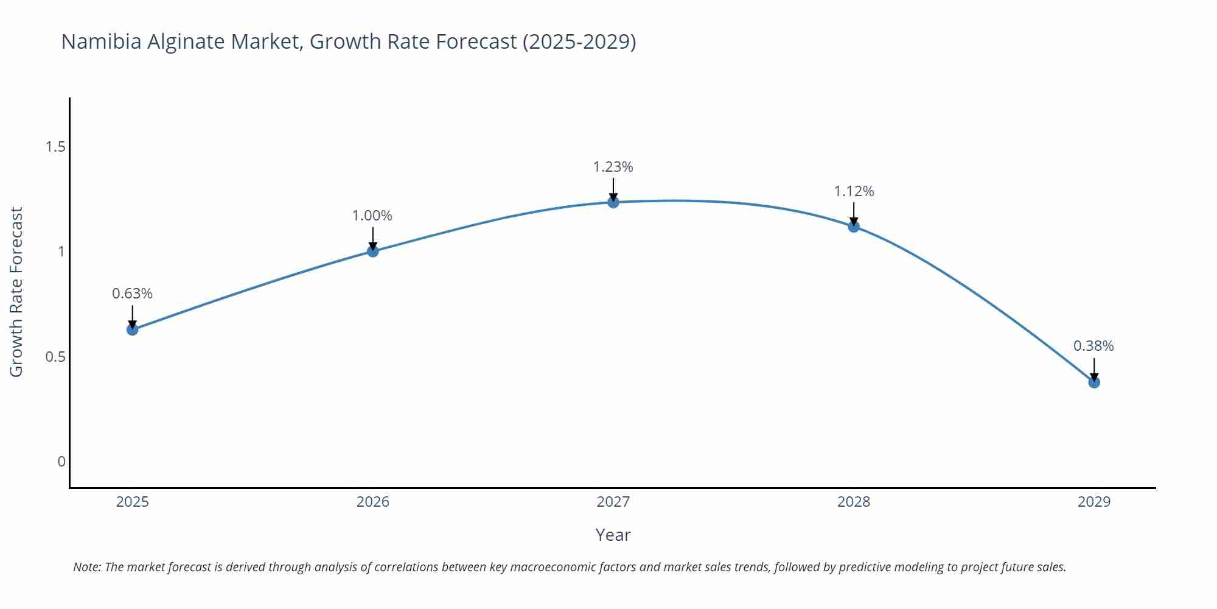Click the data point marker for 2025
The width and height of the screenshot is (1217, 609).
133,329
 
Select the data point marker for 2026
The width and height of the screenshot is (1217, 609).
373,251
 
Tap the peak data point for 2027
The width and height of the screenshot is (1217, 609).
613,202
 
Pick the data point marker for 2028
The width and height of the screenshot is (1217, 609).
854,227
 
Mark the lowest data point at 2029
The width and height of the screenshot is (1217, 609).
1094,382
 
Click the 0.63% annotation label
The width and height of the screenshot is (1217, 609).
133,294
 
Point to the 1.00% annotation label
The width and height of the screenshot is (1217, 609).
372,216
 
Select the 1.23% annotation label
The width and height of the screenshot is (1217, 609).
613,167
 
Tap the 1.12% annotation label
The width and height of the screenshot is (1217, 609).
854,191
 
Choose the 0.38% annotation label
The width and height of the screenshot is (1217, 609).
1093,346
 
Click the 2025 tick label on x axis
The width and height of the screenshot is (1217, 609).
133,502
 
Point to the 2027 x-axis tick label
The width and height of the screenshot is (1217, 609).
613,502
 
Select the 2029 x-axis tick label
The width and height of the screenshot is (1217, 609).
1094,502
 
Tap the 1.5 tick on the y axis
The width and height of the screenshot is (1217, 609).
55,147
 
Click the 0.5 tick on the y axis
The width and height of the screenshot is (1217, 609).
55,356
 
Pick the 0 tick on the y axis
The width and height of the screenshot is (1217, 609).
61,462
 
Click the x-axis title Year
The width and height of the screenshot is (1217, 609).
613,535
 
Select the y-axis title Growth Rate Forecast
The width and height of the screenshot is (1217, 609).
16,292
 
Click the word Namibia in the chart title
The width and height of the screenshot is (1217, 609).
102,41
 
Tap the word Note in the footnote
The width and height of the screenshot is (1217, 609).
86,567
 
